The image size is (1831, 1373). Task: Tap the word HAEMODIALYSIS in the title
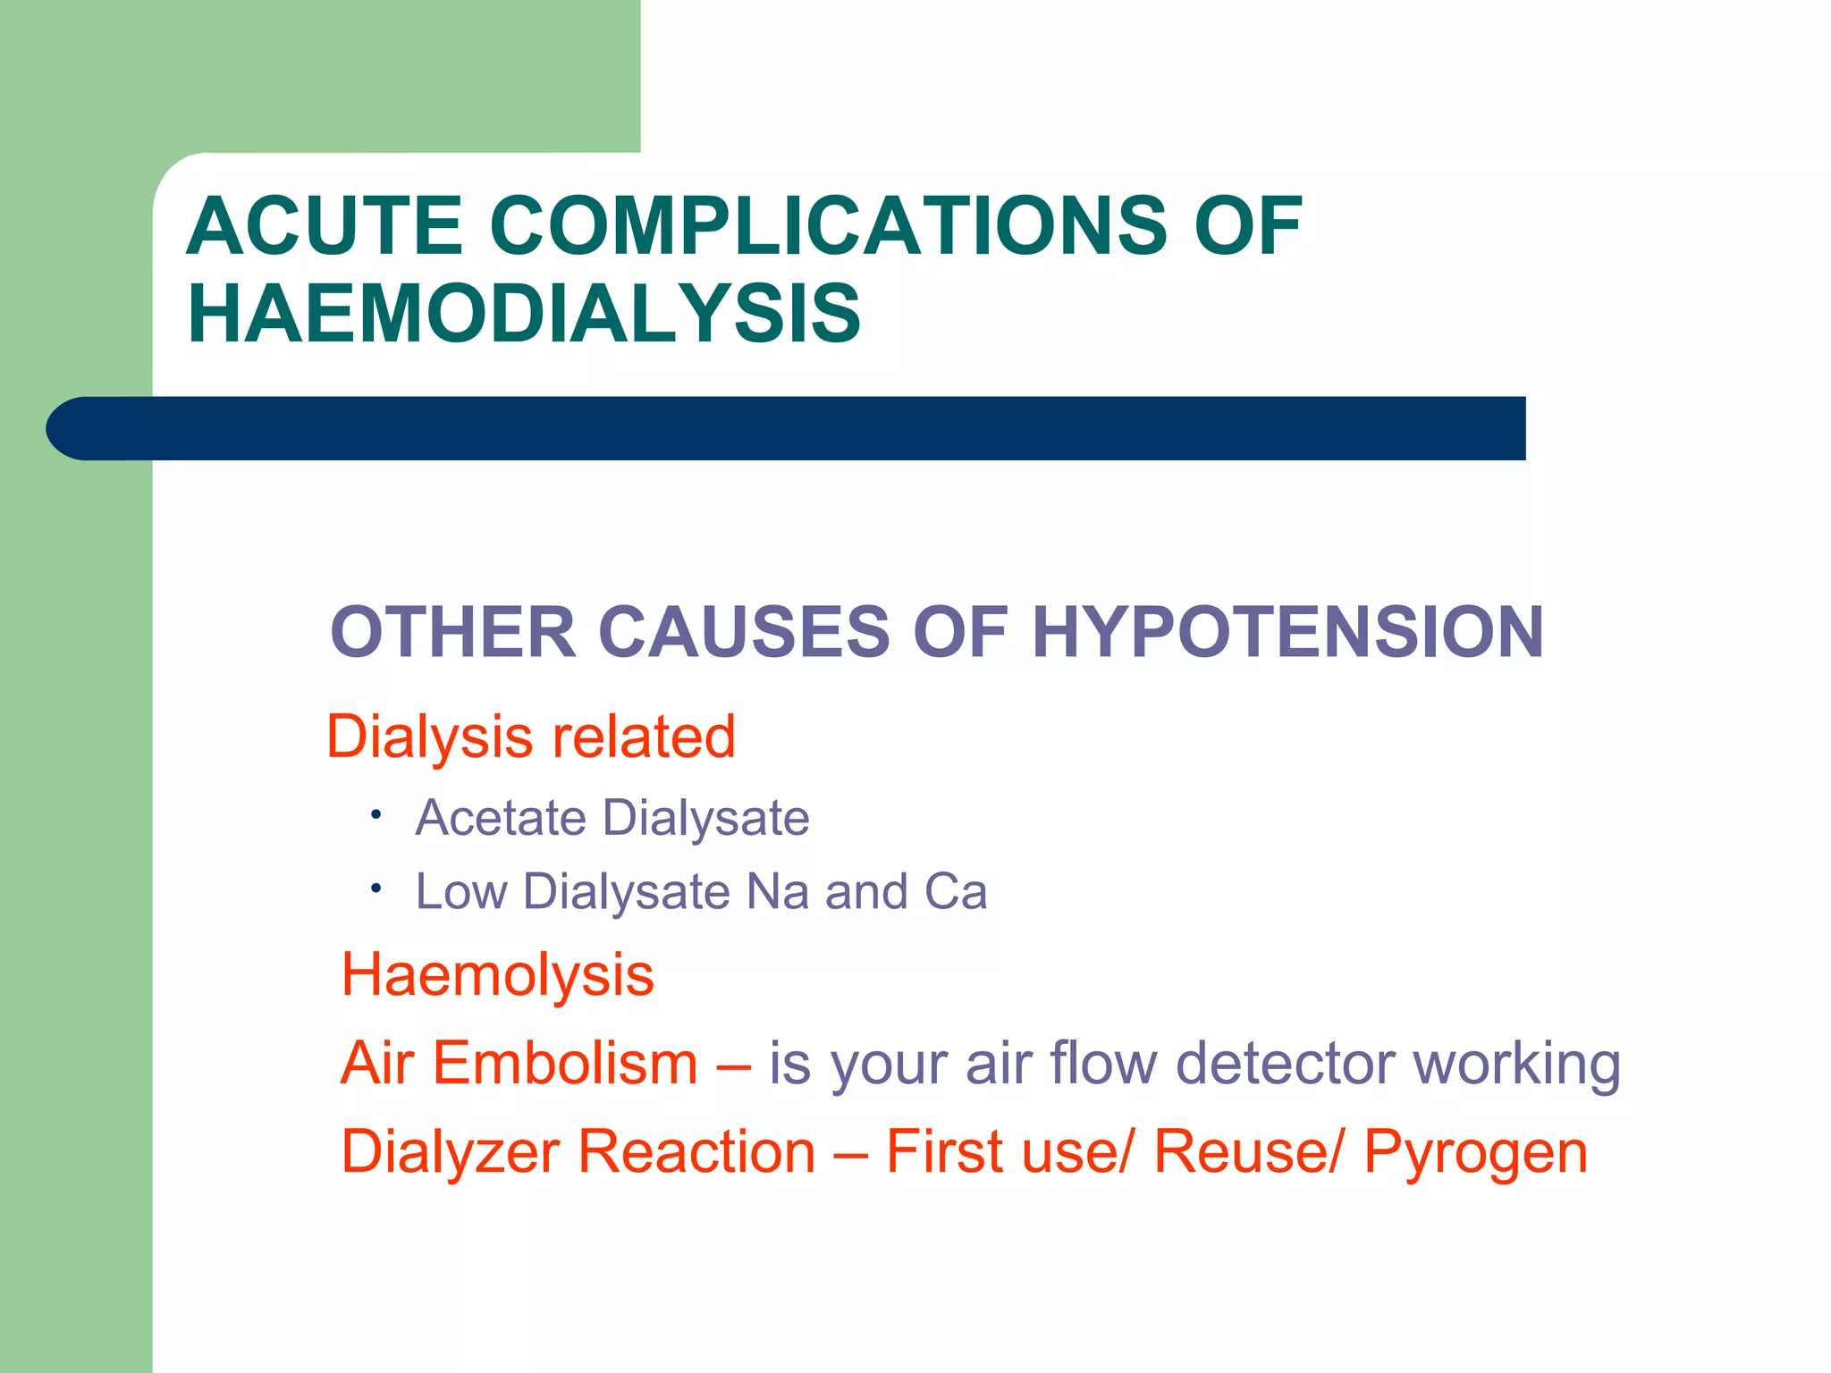[x=524, y=314]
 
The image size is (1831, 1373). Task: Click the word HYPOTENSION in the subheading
[x=1287, y=633]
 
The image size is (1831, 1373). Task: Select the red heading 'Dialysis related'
[x=531, y=737]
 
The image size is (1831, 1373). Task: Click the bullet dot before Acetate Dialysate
[x=377, y=814]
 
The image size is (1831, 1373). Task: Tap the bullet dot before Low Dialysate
[x=377, y=889]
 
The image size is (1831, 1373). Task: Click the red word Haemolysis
[x=498, y=975]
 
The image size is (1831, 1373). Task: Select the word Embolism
[x=565, y=1064]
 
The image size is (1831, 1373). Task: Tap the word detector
[x=1286, y=1064]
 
